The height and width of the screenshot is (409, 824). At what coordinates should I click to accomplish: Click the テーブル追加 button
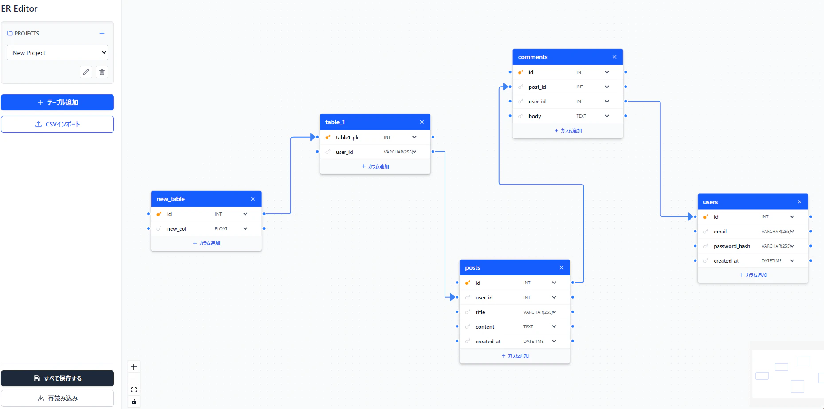(57, 102)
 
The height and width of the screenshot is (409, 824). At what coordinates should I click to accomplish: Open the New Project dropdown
(57, 53)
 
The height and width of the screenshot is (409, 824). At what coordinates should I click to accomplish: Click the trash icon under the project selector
(102, 72)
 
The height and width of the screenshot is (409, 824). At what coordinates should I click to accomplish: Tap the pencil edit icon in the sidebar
(86, 72)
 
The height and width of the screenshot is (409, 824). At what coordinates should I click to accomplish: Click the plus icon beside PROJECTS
(102, 33)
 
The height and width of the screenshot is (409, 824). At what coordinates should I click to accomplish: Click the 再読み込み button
(57, 398)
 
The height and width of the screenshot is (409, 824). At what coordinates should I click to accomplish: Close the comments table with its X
(614, 57)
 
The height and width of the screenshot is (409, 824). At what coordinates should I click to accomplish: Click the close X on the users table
(800, 202)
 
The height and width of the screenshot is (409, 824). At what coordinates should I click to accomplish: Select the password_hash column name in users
(732, 246)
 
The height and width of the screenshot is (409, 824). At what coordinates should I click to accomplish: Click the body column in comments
(535, 116)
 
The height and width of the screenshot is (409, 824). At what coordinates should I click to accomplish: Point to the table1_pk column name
(347, 138)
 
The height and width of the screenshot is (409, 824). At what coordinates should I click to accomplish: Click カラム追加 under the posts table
(515, 356)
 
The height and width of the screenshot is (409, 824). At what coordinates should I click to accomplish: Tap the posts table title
(473, 268)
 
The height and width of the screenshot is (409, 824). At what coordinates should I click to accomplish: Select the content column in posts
(485, 327)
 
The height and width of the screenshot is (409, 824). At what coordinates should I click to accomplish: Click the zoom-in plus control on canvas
(134, 367)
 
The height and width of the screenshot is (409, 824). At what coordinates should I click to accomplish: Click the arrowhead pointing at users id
(690, 217)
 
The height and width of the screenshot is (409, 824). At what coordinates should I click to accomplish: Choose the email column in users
(720, 232)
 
